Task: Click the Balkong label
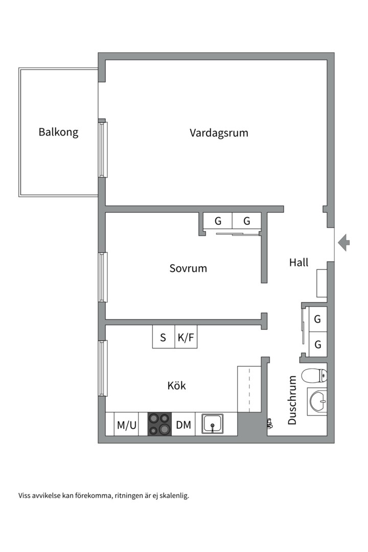58,132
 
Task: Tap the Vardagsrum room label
219,133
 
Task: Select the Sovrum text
188,268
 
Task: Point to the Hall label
298,263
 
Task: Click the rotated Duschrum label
292,400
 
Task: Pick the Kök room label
177,385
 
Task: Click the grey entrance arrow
344,242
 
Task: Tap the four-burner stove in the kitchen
159,424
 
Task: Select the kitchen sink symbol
212,424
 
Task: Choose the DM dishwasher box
183,425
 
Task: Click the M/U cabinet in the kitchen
126,425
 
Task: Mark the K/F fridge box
186,337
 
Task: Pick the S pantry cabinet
163,337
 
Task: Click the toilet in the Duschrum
313,376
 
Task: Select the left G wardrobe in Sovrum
218,221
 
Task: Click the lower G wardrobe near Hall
317,344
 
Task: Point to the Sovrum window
103,277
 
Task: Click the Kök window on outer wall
103,368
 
